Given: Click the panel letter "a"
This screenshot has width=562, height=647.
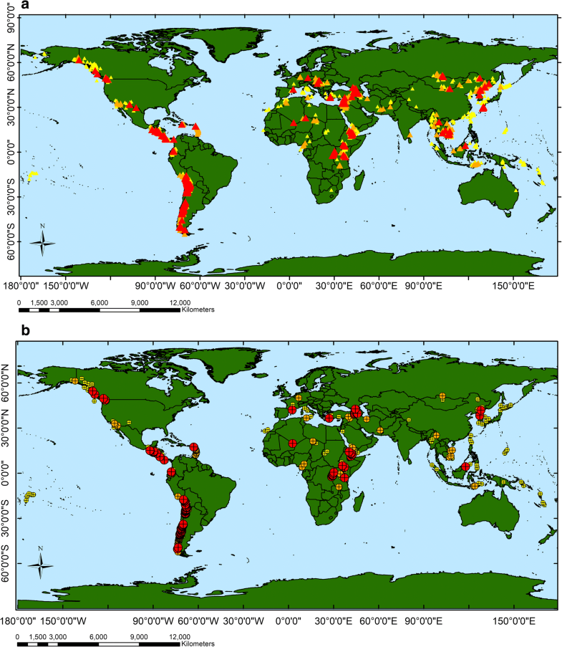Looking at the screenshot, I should click(6, 6).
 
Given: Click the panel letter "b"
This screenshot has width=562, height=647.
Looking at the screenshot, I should click(6, 330).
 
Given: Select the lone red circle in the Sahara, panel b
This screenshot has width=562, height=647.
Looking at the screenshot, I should click(292, 444).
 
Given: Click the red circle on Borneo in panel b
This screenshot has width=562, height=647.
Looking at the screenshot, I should click(466, 466).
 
